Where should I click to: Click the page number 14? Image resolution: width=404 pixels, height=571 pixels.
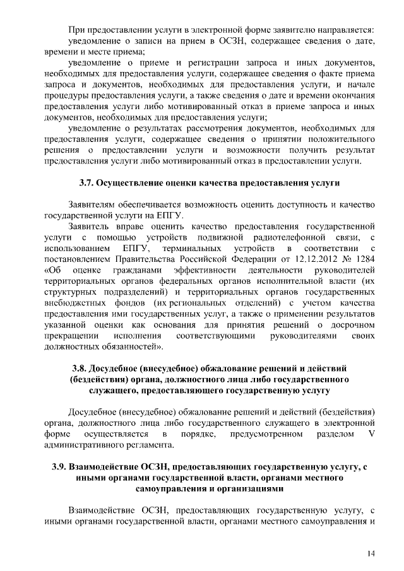pos(371,553)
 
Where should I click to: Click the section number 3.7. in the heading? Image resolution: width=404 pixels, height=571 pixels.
pos(87,184)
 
